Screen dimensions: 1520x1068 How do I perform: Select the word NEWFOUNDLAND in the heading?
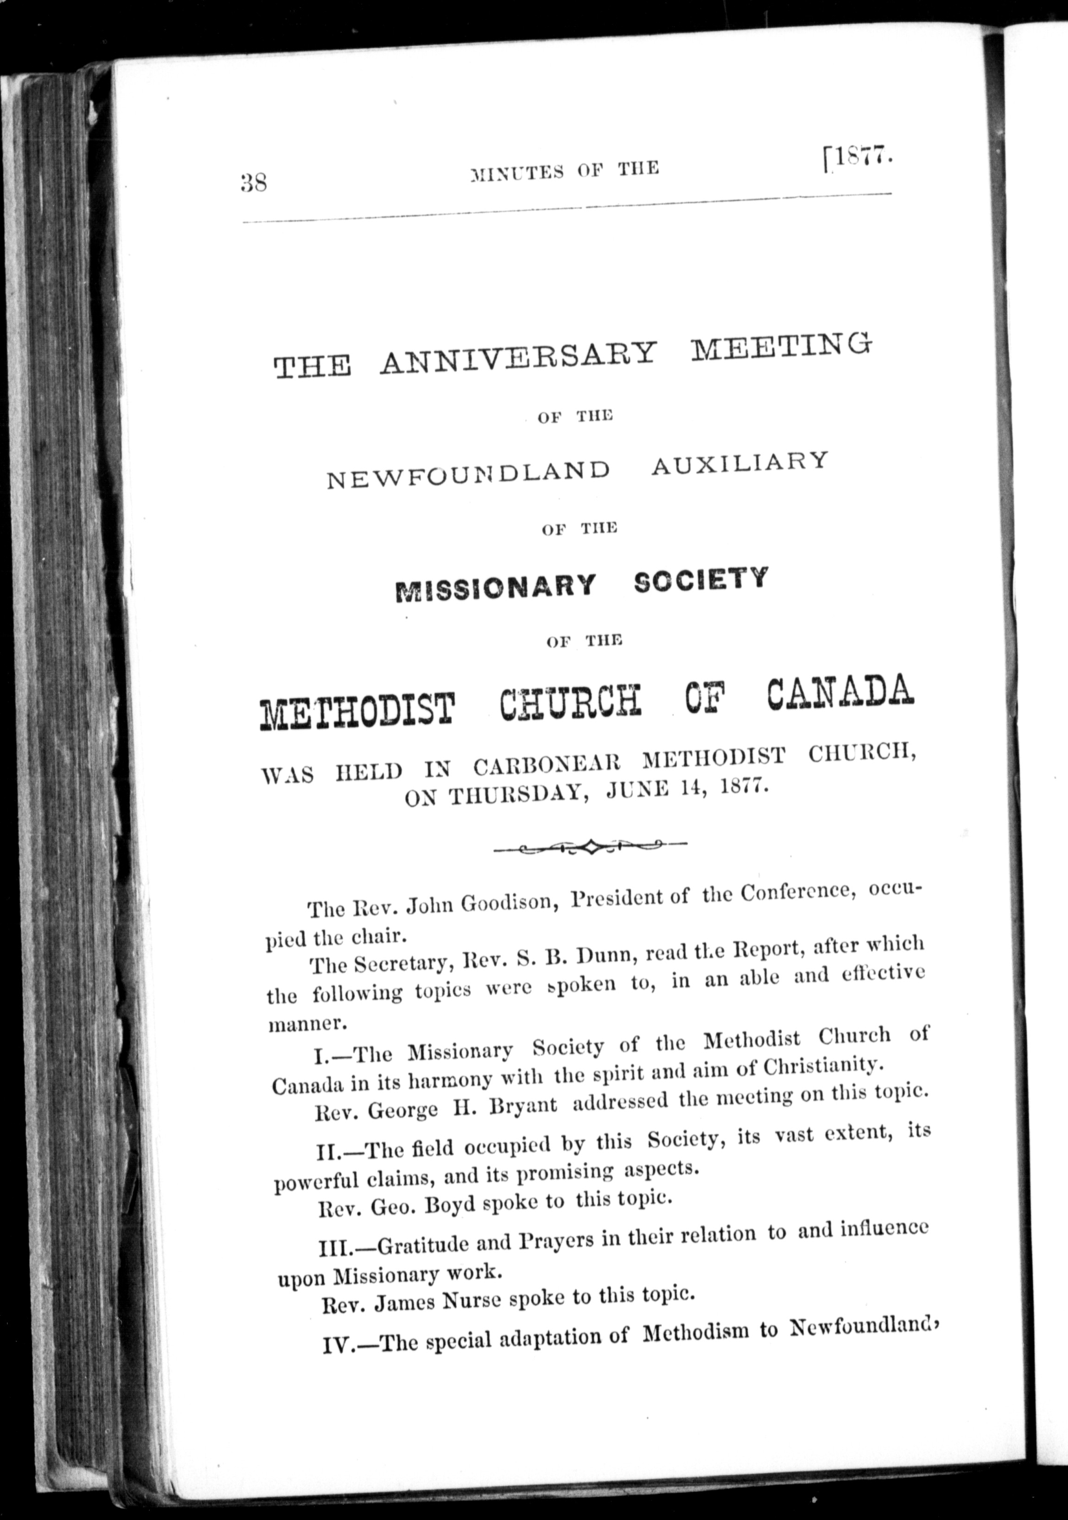click(468, 471)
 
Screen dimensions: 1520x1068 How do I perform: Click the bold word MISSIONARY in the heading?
click(495, 587)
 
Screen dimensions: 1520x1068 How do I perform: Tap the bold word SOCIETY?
click(700, 580)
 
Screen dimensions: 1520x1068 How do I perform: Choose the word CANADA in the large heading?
click(839, 692)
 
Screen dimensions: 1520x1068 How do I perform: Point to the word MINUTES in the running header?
click(517, 172)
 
